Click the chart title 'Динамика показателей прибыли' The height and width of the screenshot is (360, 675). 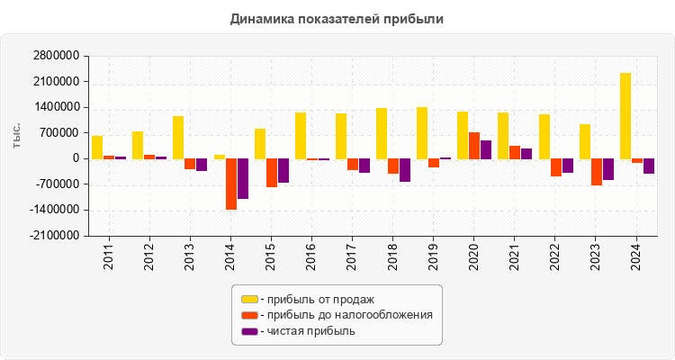337,18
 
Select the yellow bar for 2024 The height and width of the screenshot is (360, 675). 625,115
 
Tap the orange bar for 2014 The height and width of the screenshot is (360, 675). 231,184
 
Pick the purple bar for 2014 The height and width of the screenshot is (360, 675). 243,178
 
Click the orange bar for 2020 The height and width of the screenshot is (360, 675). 474,146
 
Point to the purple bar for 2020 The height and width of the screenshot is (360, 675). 486,149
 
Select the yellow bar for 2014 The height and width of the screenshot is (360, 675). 220,157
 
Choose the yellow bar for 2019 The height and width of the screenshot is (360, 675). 422,132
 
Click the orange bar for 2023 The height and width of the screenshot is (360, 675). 597,172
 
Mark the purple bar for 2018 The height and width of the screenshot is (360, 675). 405,170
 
